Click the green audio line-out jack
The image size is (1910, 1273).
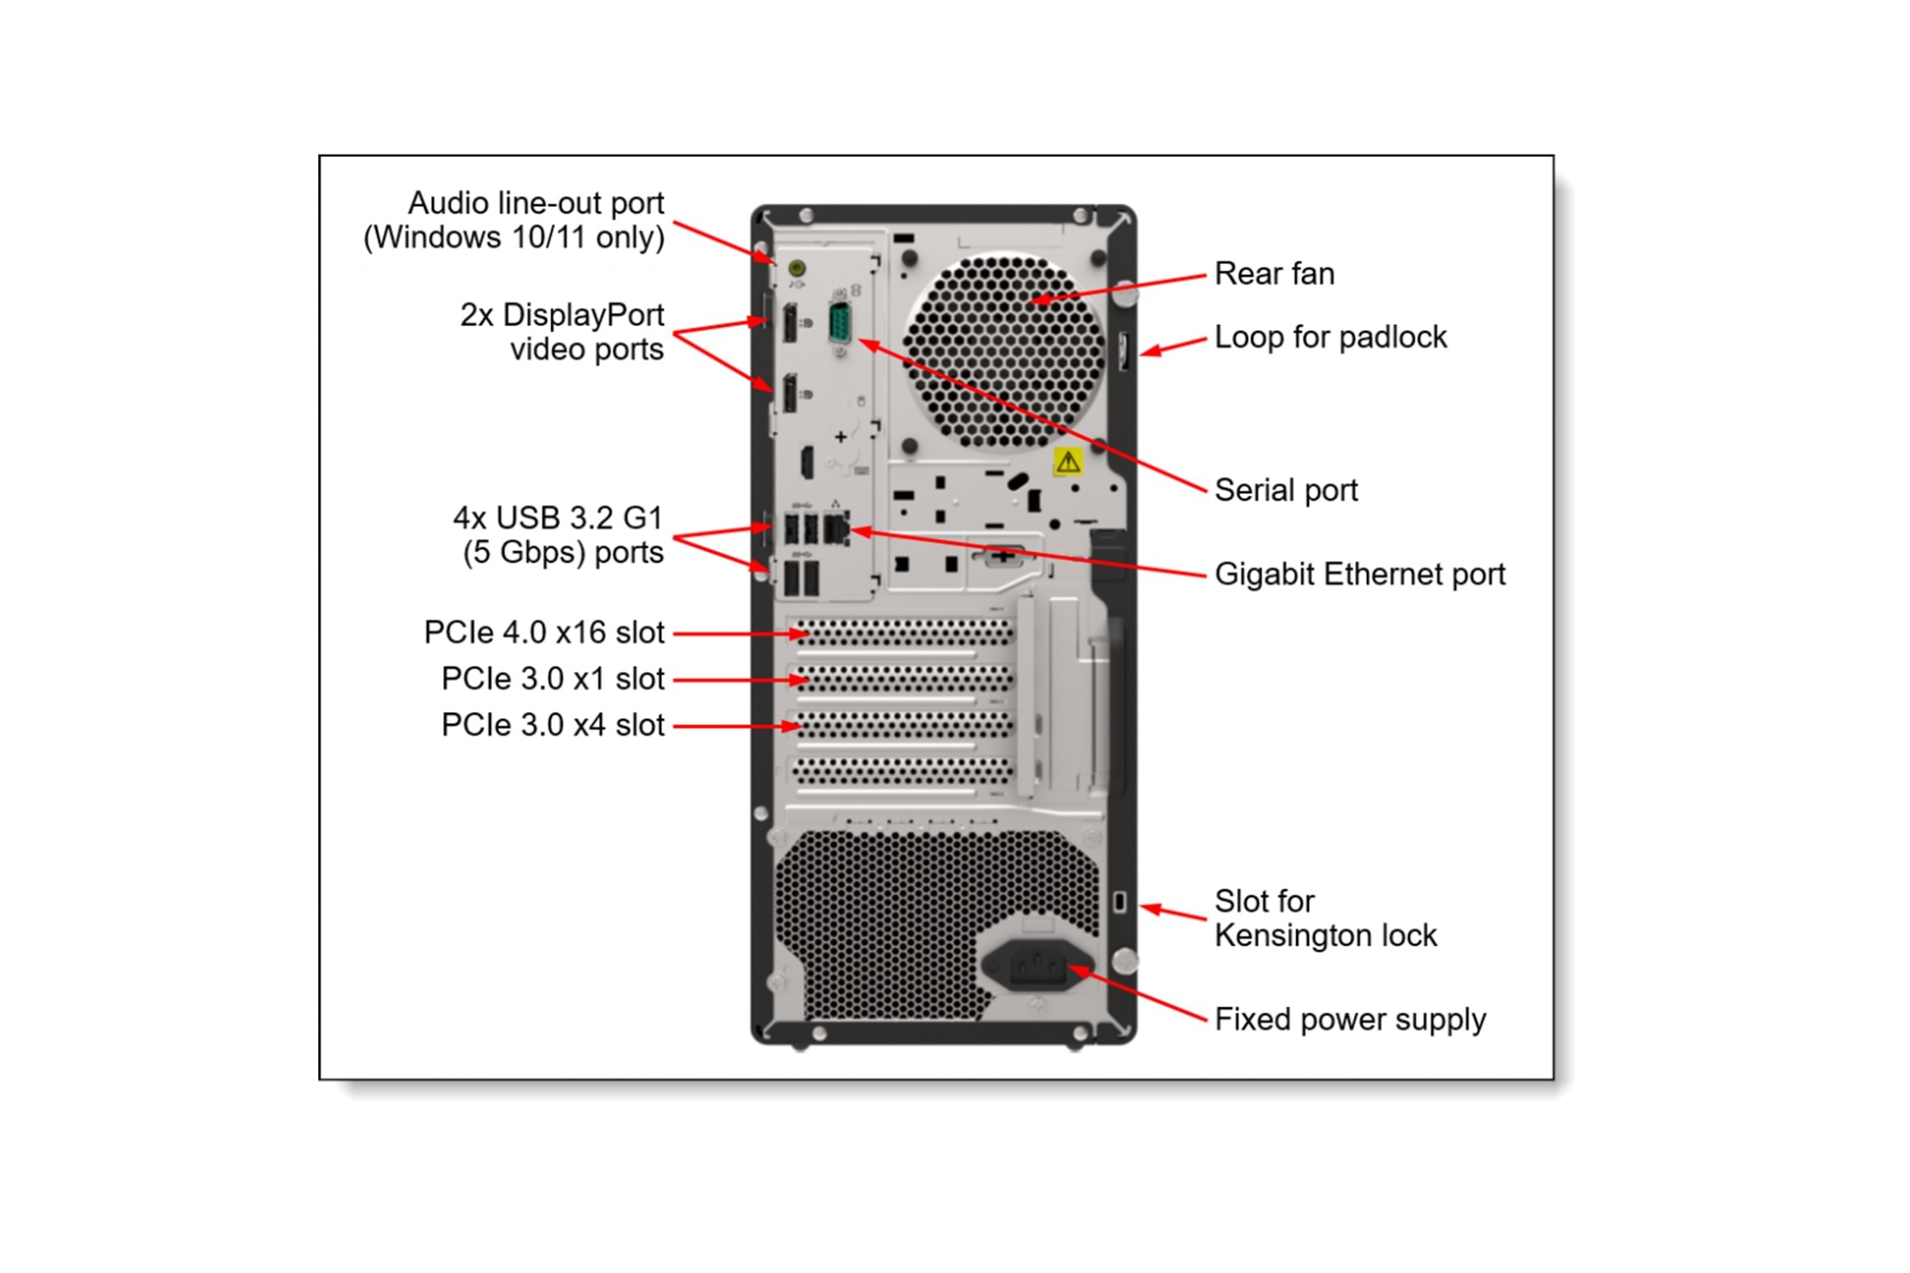coord(796,269)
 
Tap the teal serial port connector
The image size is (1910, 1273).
coord(840,323)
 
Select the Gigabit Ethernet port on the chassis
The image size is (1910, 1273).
coord(835,530)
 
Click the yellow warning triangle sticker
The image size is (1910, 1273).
coord(1068,462)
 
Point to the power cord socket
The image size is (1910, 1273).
coord(1036,966)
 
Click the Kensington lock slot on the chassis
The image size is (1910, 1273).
coord(1120,901)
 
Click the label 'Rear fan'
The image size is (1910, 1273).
coord(1274,274)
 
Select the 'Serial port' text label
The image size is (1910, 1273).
coord(1285,491)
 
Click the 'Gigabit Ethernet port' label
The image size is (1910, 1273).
coord(1359,575)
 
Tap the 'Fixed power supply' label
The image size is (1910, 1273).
coord(1350,1019)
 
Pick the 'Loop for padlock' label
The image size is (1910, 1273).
coord(1330,338)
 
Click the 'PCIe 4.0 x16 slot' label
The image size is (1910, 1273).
coord(544,633)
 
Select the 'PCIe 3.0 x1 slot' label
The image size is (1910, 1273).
coord(553,679)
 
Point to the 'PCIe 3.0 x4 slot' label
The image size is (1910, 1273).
coord(553,726)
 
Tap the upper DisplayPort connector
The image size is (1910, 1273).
coord(789,322)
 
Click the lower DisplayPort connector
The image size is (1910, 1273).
coord(789,393)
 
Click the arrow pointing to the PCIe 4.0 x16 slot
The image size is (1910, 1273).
coord(739,633)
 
